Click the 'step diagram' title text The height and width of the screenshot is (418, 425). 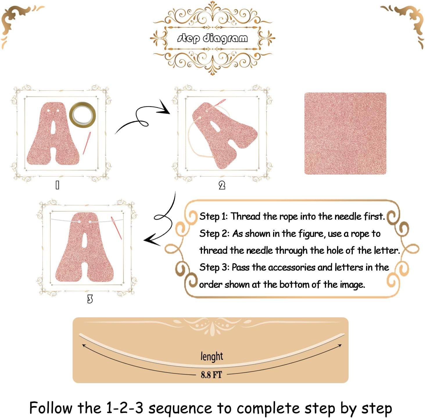(212, 38)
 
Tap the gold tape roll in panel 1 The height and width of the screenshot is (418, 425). (83, 115)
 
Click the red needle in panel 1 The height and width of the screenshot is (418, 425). (87, 143)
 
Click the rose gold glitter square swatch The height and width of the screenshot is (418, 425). (345, 134)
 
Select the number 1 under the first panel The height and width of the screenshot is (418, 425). (57, 185)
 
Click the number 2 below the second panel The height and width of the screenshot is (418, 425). (222, 185)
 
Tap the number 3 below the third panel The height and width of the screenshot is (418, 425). (90, 299)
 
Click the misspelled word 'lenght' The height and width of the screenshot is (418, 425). (212, 356)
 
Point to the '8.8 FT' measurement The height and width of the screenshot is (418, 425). (211, 375)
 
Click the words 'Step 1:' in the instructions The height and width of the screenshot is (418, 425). (213, 217)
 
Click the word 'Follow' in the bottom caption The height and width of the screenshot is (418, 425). (51, 408)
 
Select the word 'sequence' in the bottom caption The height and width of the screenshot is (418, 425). (180, 408)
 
